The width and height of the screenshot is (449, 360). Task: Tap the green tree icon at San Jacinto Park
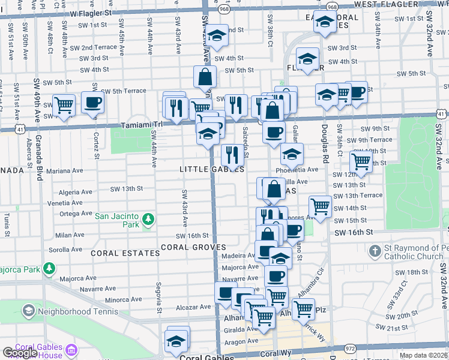tap(147, 224)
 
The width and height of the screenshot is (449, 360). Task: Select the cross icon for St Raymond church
tap(375, 251)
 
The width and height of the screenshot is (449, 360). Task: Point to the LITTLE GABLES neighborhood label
tap(212, 170)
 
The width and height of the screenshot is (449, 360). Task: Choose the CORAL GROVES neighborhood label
tap(193, 247)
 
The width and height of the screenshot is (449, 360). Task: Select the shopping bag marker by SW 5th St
tap(205, 77)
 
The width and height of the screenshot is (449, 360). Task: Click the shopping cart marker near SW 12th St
tap(361, 161)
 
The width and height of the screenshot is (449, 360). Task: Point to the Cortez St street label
tap(96, 142)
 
